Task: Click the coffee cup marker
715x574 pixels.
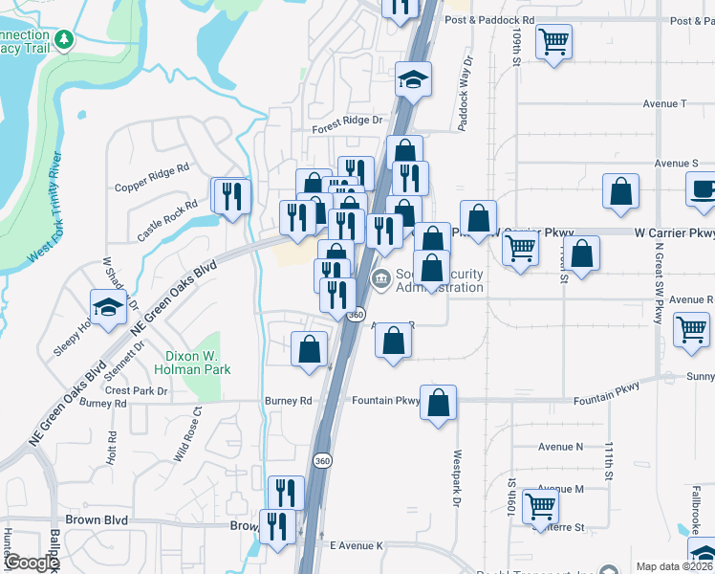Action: pyautogui.click(x=704, y=188)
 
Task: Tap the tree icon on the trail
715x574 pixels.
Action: pyautogui.click(x=64, y=39)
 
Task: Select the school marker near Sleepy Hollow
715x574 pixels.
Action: pyautogui.click(x=108, y=306)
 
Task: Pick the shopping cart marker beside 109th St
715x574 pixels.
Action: pyautogui.click(x=553, y=42)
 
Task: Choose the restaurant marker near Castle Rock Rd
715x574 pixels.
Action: pyautogui.click(x=231, y=197)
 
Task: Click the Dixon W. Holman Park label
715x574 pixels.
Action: pyautogui.click(x=192, y=362)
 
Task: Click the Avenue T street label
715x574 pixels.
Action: pyautogui.click(x=664, y=103)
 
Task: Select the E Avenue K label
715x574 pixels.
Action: pyautogui.click(x=356, y=545)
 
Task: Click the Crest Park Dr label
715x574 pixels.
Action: pyautogui.click(x=137, y=390)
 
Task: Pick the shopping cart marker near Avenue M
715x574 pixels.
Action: pyautogui.click(x=541, y=505)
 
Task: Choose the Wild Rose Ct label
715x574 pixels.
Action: pyautogui.click(x=186, y=436)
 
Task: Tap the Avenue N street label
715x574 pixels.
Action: pyautogui.click(x=560, y=447)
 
